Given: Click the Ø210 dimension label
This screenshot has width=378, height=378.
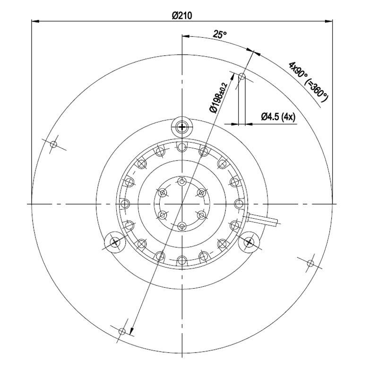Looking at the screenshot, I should click(182, 16).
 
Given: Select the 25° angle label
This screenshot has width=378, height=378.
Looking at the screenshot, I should click(220, 34).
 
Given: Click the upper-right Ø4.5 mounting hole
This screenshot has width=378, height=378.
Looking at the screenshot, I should click(242, 76).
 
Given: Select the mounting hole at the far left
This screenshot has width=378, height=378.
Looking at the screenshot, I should click(53, 144).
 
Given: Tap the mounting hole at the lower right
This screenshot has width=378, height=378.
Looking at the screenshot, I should click(310, 263).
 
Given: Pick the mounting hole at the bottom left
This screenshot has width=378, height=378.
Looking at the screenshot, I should click(122, 331).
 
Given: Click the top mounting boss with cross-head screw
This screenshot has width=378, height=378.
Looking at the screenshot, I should click(182, 126).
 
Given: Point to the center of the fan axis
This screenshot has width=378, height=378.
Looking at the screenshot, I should click(182, 204).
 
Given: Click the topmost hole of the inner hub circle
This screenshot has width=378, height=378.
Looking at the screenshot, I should click(182, 181).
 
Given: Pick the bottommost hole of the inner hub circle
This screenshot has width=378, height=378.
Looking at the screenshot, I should click(182, 226).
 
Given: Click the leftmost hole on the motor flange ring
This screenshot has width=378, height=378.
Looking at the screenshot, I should click(125, 204).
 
